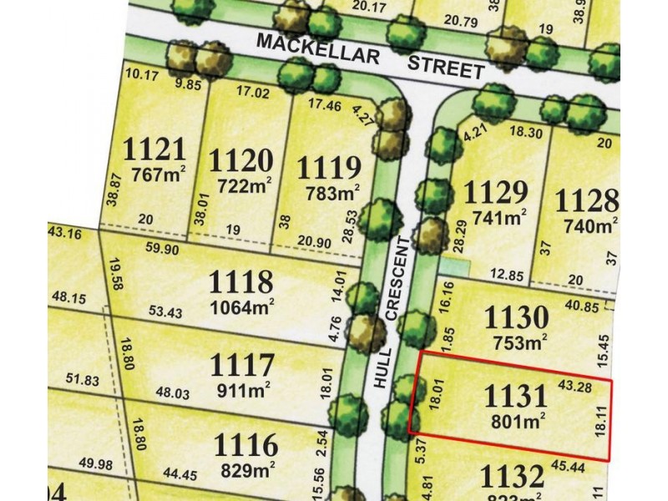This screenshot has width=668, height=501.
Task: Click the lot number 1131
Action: click(x=515, y=395)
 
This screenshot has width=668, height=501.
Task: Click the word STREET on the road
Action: click(x=446, y=67)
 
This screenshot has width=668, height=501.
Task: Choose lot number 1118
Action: click(x=240, y=280)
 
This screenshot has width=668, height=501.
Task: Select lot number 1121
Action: click(x=154, y=151)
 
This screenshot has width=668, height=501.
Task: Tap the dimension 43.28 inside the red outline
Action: click(x=575, y=387)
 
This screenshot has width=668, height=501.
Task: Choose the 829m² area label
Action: click(x=249, y=469)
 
